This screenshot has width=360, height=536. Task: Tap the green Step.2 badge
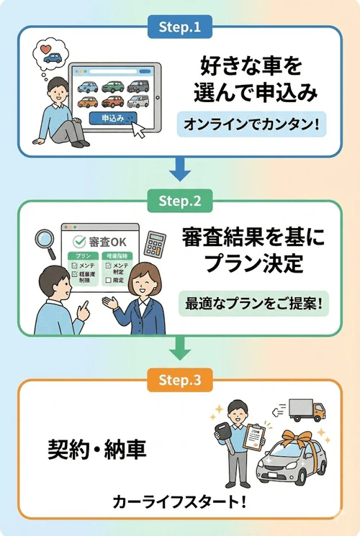[x=179, y=202]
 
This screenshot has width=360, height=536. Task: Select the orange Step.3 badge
[x=179, y=377]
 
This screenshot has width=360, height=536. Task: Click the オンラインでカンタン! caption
[x=251, y=124]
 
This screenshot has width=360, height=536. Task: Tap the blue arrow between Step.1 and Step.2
[x=179, y=172]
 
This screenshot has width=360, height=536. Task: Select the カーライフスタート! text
[x=179, y=501]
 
